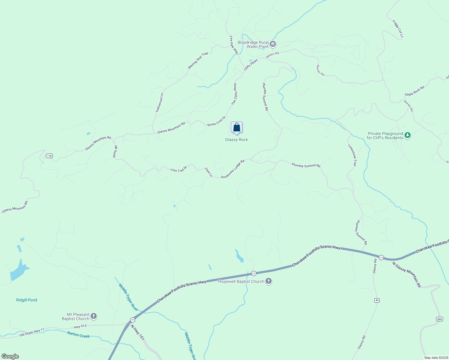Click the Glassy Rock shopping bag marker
[x=237, y=127]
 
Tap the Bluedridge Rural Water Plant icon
[x=273, y=44]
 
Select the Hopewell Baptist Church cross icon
[x=269, y=281]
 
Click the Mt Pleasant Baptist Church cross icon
[x=94, y=316]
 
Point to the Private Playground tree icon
[x=407, y=135]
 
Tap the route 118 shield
[x=49, y=156]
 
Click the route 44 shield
[x=377, y=300]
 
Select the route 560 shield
[x=439, y=319]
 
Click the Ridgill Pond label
[x=26, y=300]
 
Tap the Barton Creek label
[x=78, y=335]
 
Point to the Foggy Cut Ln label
[x=398, y=29]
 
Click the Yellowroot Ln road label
[x=159, y=103]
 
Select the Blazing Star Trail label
[x=198, y=60]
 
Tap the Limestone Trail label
[x=352, y=155]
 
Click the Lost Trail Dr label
[x=179, y=169]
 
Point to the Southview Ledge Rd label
[x=233, y=169]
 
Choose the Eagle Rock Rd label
[x=414, y=91]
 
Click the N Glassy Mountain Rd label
[x=407, y=274]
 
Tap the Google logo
[x=10, y=356]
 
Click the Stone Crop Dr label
[x=216, y=121]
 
